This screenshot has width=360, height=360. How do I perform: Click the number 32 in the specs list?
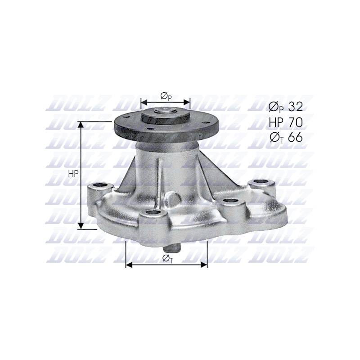(x=296, y=107)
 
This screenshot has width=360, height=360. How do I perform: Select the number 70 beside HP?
(x=296, y=122)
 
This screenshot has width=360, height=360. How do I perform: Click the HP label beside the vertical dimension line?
(x=73, y=174)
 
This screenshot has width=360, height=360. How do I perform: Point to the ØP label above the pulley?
(x=166, y=96)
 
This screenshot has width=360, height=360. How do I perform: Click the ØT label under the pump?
(x=167, y=259)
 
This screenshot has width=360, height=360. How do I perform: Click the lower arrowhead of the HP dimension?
(x=81, y=226)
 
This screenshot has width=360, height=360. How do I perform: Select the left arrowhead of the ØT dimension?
(x=129, y=265)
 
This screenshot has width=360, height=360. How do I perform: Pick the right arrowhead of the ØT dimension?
(x=204, y=265)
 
